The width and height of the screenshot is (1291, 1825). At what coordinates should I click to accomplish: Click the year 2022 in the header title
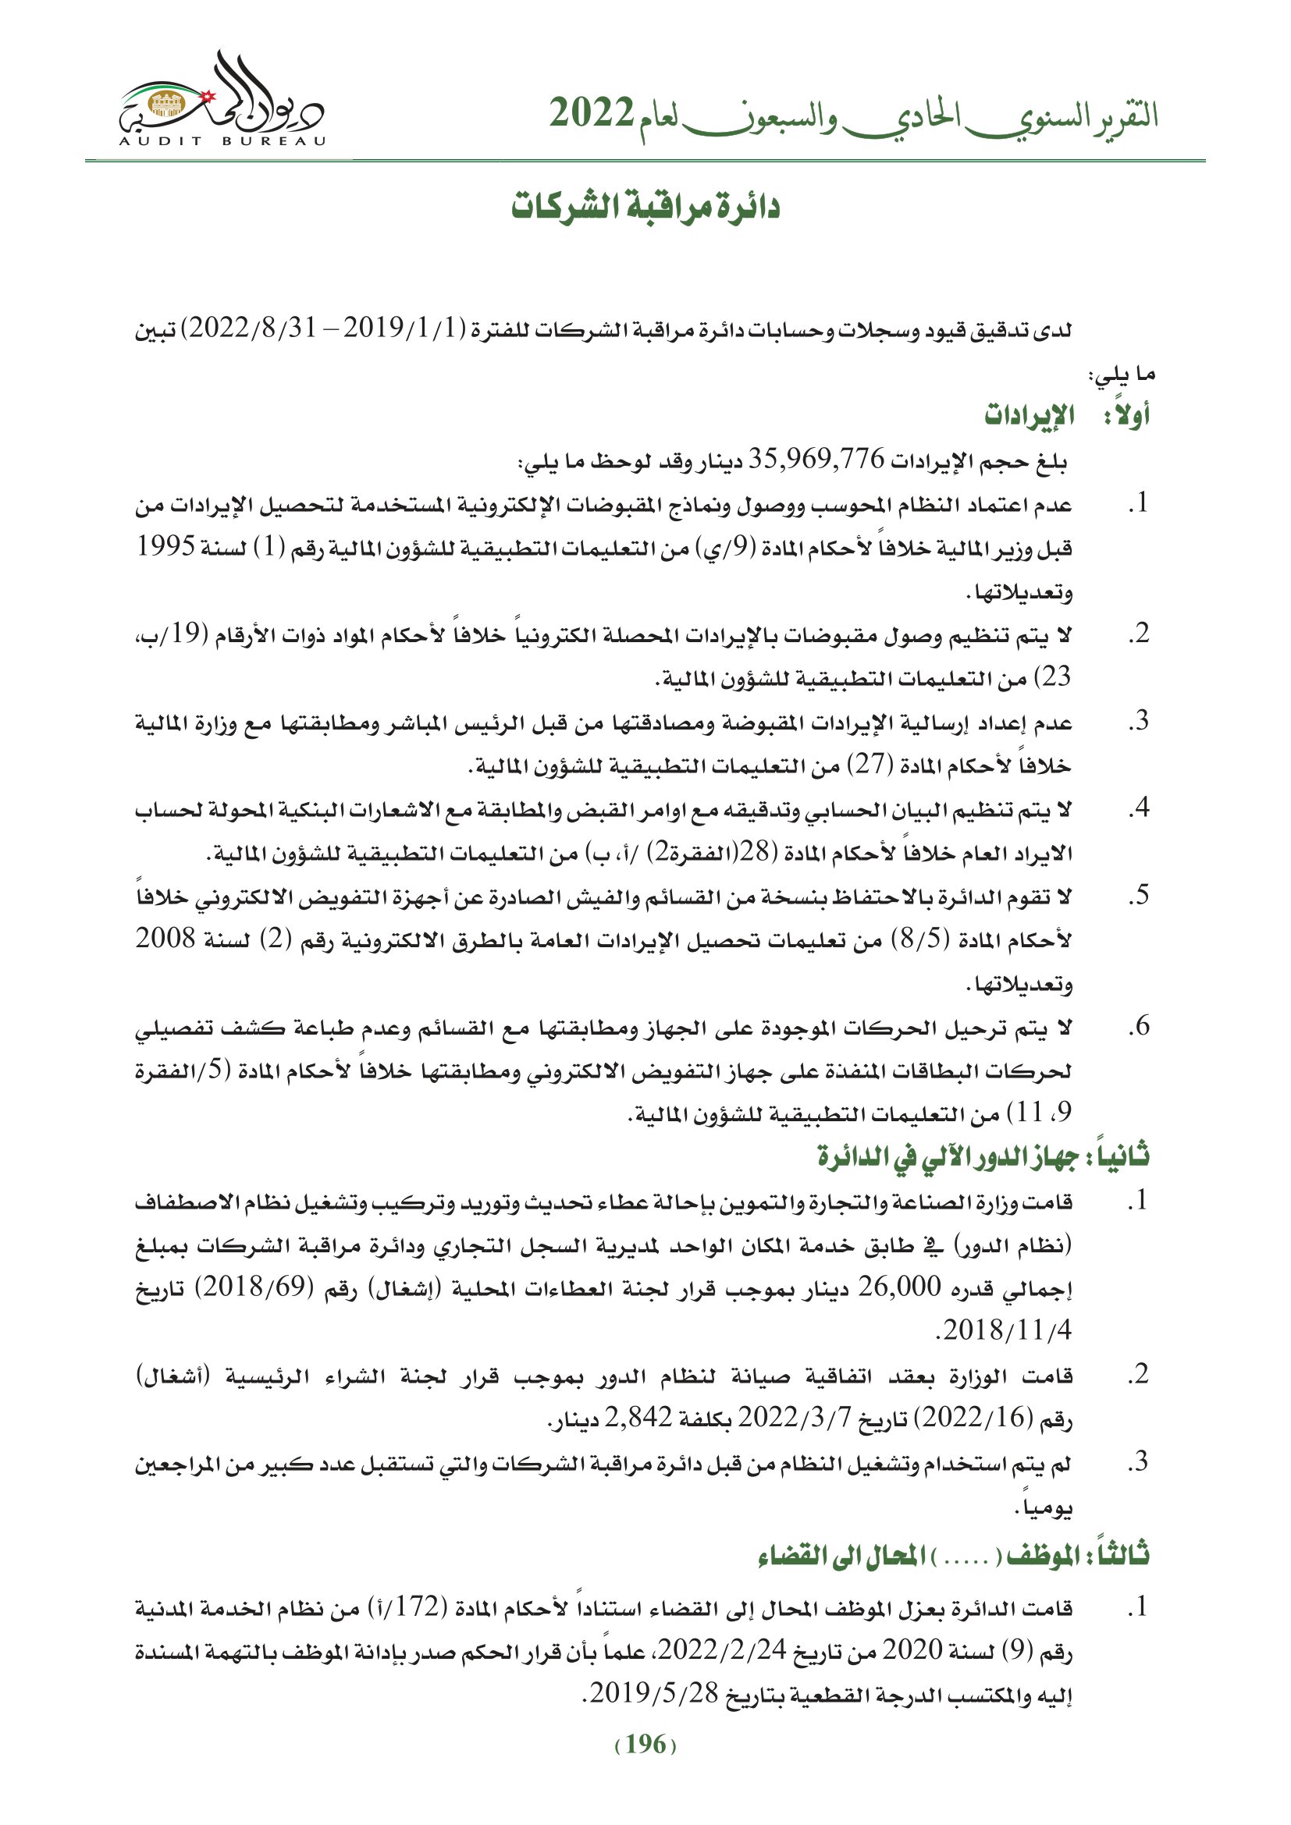pyautogui.click(x=592, y=114)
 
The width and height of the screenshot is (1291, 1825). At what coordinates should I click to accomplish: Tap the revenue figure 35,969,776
pyautogui.click(x=816, y=460)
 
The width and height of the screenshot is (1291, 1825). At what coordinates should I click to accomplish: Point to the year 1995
pyautogui.click(x=166, y=546)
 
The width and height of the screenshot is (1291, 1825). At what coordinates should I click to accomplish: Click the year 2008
pyautogui.click(x=166, y=939)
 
